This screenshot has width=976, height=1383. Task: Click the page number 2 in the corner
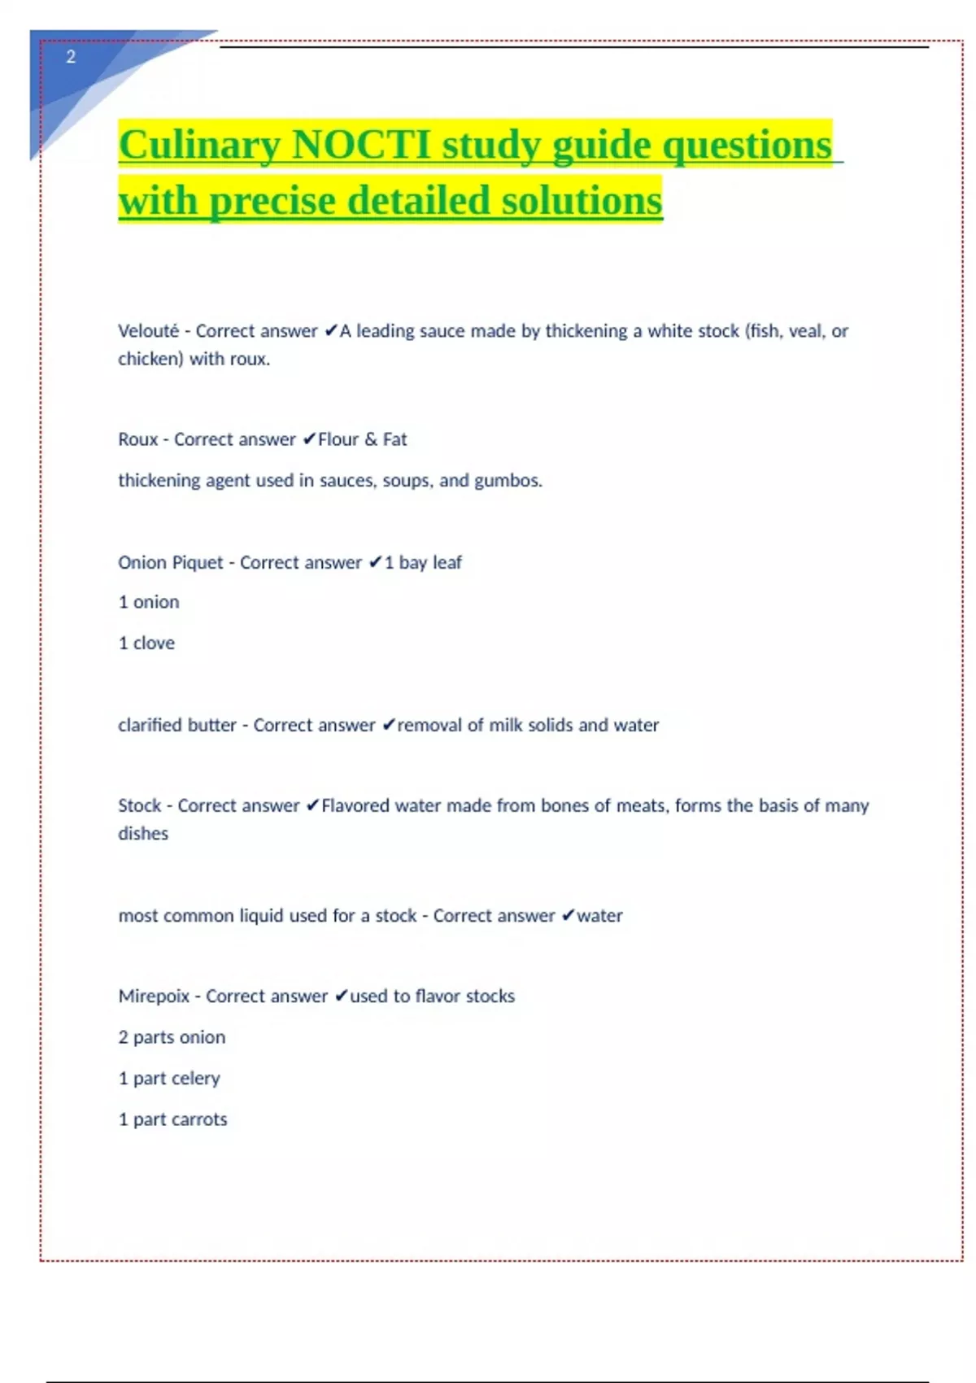click(71, 57)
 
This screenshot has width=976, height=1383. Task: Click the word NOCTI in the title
click(361, 146)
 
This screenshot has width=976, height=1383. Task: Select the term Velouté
click(148, 331)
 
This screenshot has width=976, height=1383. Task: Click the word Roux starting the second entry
click(137, 439)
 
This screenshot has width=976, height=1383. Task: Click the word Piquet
click(196, 563)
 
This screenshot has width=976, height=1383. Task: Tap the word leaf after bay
click(447, 563)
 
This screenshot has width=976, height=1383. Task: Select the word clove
click(154, 644)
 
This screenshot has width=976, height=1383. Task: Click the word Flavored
click(355, 805)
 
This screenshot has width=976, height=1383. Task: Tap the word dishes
click(143, 834)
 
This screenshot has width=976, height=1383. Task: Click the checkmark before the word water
click(568, 916)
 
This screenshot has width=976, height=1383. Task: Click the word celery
click(196, 1079)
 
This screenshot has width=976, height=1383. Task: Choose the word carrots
click(199, 1119)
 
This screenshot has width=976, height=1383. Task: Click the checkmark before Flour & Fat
click(309, 439)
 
